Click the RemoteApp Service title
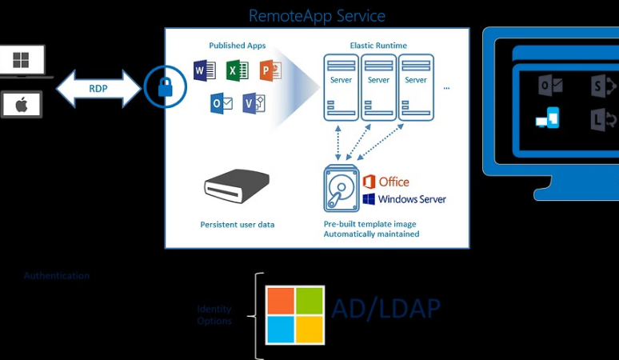[x=317, y=15]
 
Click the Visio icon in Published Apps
[x=254, y=103]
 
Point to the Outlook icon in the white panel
[x=222, y=103]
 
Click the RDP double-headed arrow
[x=98, y=88]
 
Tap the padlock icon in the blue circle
[x=166, y=86]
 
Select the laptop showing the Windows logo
[x=22, y=62]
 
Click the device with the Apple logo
[x=22, y=104]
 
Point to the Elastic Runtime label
[x=378, y=46]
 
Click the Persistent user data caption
[x=237, y=225]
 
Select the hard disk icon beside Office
[x=341, y=189]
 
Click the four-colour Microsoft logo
[x=295, y=315]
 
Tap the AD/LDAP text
[x=385, y=309]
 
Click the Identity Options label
[x=214, y=314]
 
